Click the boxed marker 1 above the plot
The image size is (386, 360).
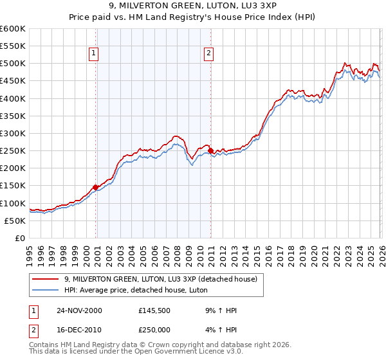[x=95, y=54]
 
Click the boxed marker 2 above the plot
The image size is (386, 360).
[x=210, y=54]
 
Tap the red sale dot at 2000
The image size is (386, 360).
[x=96, y=187]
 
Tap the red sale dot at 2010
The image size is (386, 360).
[x=211, y=150]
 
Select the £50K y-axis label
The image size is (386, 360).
[x=15, y=221]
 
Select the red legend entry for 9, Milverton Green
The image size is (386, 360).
[x=161, y=279]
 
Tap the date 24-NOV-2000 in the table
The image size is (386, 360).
[x=78, y=310]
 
